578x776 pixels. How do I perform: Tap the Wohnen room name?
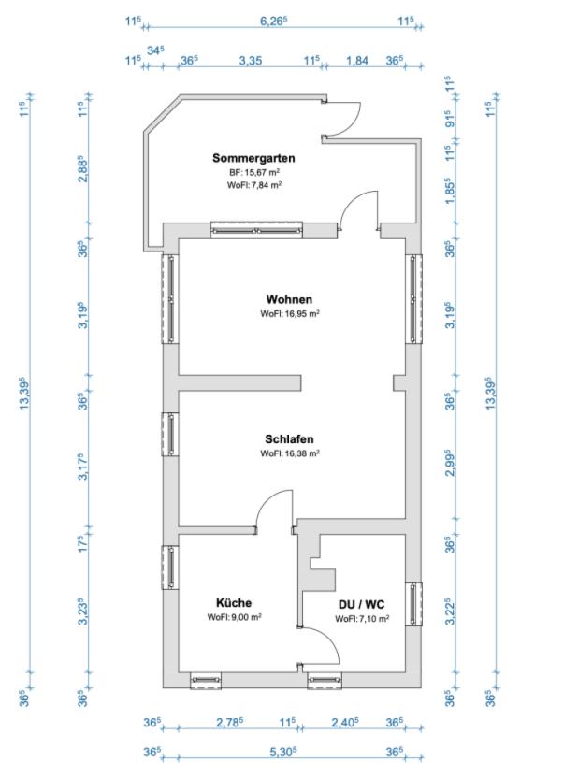click(289, 299)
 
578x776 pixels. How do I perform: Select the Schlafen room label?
click(289, 438)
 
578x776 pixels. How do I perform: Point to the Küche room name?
click(234, 603)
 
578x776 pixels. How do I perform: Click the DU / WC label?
click(361, 605)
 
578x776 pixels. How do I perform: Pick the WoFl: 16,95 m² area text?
click(290, 314)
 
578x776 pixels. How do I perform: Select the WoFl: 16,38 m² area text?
click(290, 453)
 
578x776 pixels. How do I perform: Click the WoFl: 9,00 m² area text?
click(234, 618)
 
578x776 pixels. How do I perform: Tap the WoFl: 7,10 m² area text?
click(362, 619)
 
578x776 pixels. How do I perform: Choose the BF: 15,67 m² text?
click(255, 173)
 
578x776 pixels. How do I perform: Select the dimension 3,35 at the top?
click(250, 60)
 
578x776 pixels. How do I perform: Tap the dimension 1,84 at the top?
click(357, 60)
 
